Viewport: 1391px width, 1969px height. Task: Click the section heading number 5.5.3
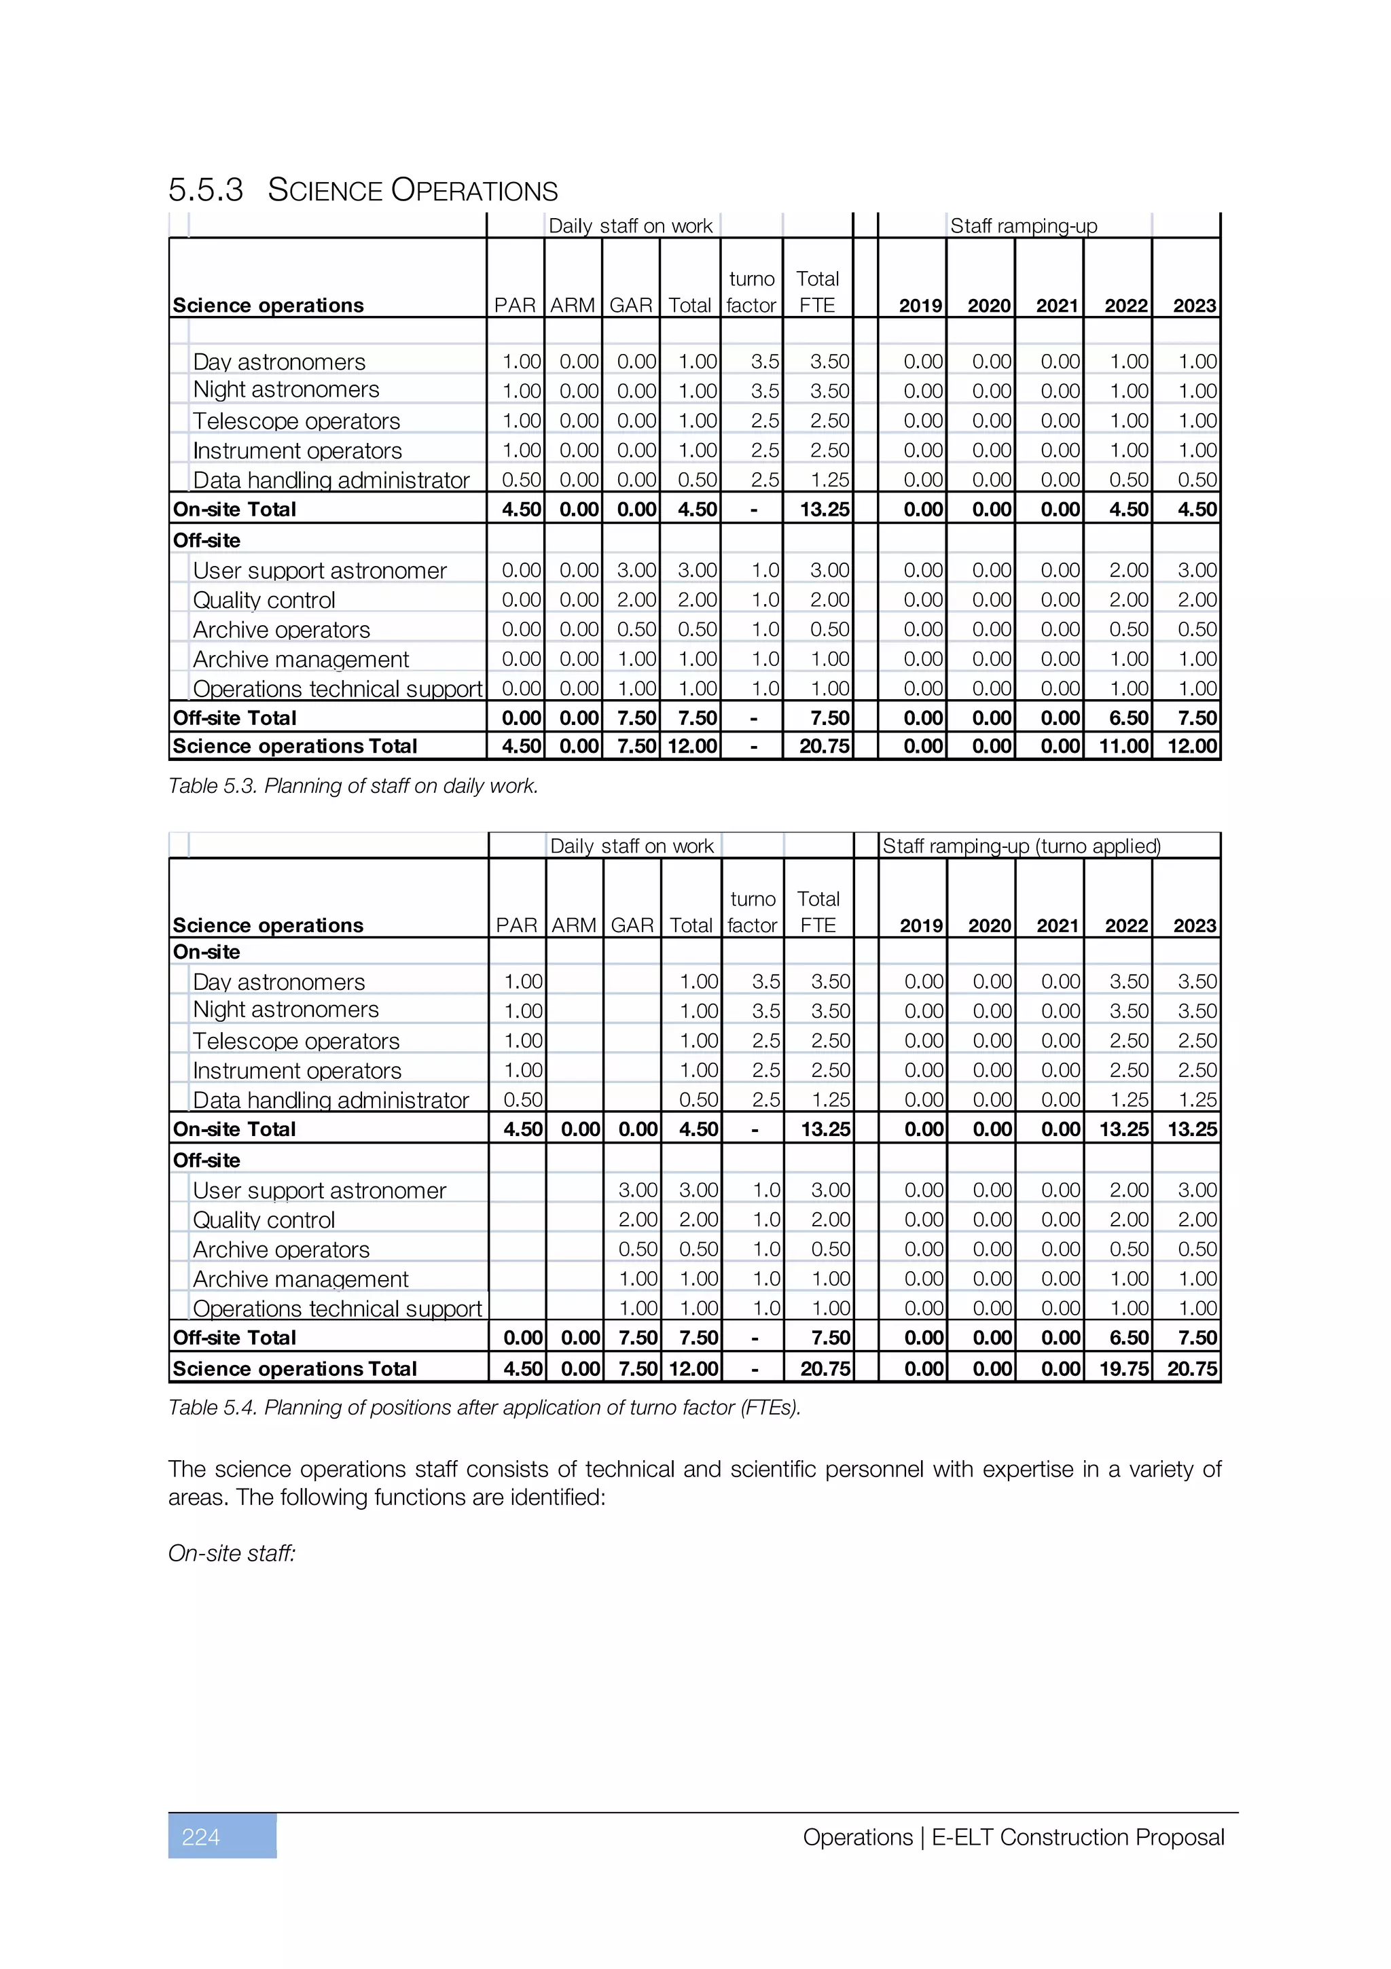pyautogui.click(x=206, y=190)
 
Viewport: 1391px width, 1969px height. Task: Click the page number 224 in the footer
pyautogui.click(x=202, y=1837)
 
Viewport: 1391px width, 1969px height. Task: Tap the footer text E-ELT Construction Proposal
pyautogui.click(x=1077, y=1837)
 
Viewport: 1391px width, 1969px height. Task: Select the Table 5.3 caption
pyautogui.click(x=353, y=785)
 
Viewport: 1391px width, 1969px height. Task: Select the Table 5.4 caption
pyautogui.click(x=484, y=1407)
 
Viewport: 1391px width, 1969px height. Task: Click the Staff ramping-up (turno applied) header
pyautogui.click(x=1022, y=846)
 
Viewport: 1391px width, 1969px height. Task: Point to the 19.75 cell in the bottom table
pyautogui.click(x=1123, y=1368)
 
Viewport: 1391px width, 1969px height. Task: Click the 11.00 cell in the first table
pyautogui.click(x=1123, y=746)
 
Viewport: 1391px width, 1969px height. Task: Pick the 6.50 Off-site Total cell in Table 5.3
pyautogui.click(x=1129, y=717)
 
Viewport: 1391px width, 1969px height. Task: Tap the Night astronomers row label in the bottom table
pyautogui.click(x=285, y=1010)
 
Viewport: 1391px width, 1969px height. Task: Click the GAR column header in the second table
pyautogui.click(x=632, y=925)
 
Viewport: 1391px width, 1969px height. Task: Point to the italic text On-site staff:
pyautogui.click(x=232, y=1553)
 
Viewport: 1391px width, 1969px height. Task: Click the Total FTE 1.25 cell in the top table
pyautogui.click(x=829, y=480)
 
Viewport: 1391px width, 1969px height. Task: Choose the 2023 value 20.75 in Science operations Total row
pyautogui.click(x=1192, y=1368)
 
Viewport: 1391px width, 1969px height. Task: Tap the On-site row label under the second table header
pyautogui.click(x=206, y=952)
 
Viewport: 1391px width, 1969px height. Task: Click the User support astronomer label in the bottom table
pyautogui.click(x=319, y=1190)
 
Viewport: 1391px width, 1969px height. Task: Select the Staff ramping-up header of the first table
pyautogui.click(x=1024, y=226)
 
